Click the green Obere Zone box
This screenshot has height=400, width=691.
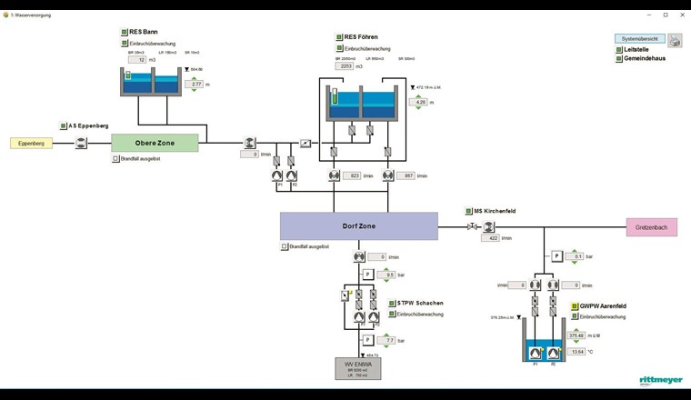[x=155, y=142]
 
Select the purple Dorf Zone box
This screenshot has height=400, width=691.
[x=358, y=225]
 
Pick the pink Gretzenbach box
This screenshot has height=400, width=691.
[x=651, y=226]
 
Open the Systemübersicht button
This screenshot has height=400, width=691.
[x=640, y=39]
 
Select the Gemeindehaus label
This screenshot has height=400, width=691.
[x=643, y=58]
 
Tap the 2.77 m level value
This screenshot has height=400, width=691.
[x=196, y=85]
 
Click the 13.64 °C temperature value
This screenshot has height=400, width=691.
[x=576, y=351]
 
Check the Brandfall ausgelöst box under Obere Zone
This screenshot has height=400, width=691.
[x=115, y=158]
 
